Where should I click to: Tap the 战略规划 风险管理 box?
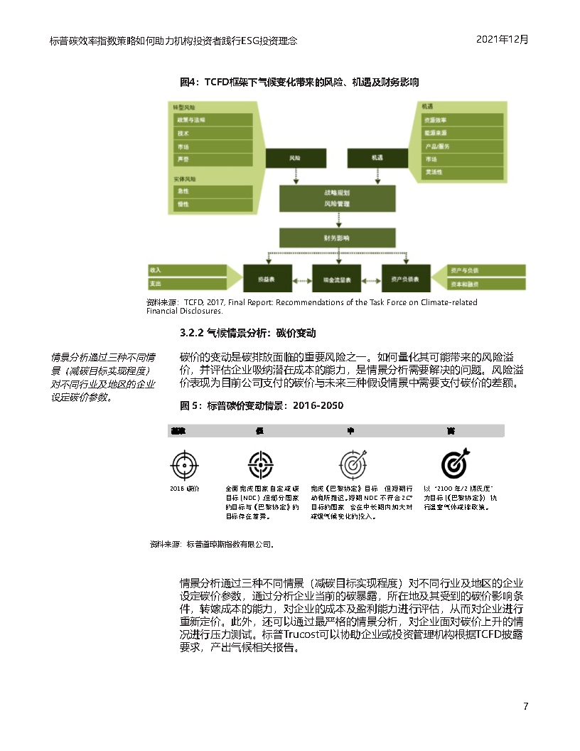pyautogui.click(x=336, y=198)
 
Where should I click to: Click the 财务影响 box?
pyautogui.click(x=336, y=238)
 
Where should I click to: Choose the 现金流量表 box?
pyautogui.click(x=337, y=279)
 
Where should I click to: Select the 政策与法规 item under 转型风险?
pyautogui.click(x=213, y=120)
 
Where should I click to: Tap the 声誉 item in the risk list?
pyautogui.click(x=213, y=159)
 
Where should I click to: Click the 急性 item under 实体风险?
pyautogui.click(x=213, y=191)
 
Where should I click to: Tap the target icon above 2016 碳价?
pyautogui.click(x=185, y=464)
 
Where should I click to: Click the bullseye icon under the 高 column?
pyautogui.click(x=455, y=464)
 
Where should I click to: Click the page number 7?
pyautogui.click(x=525, y=706)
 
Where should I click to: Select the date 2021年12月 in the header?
pyautogui.click(x=503, y=40)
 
